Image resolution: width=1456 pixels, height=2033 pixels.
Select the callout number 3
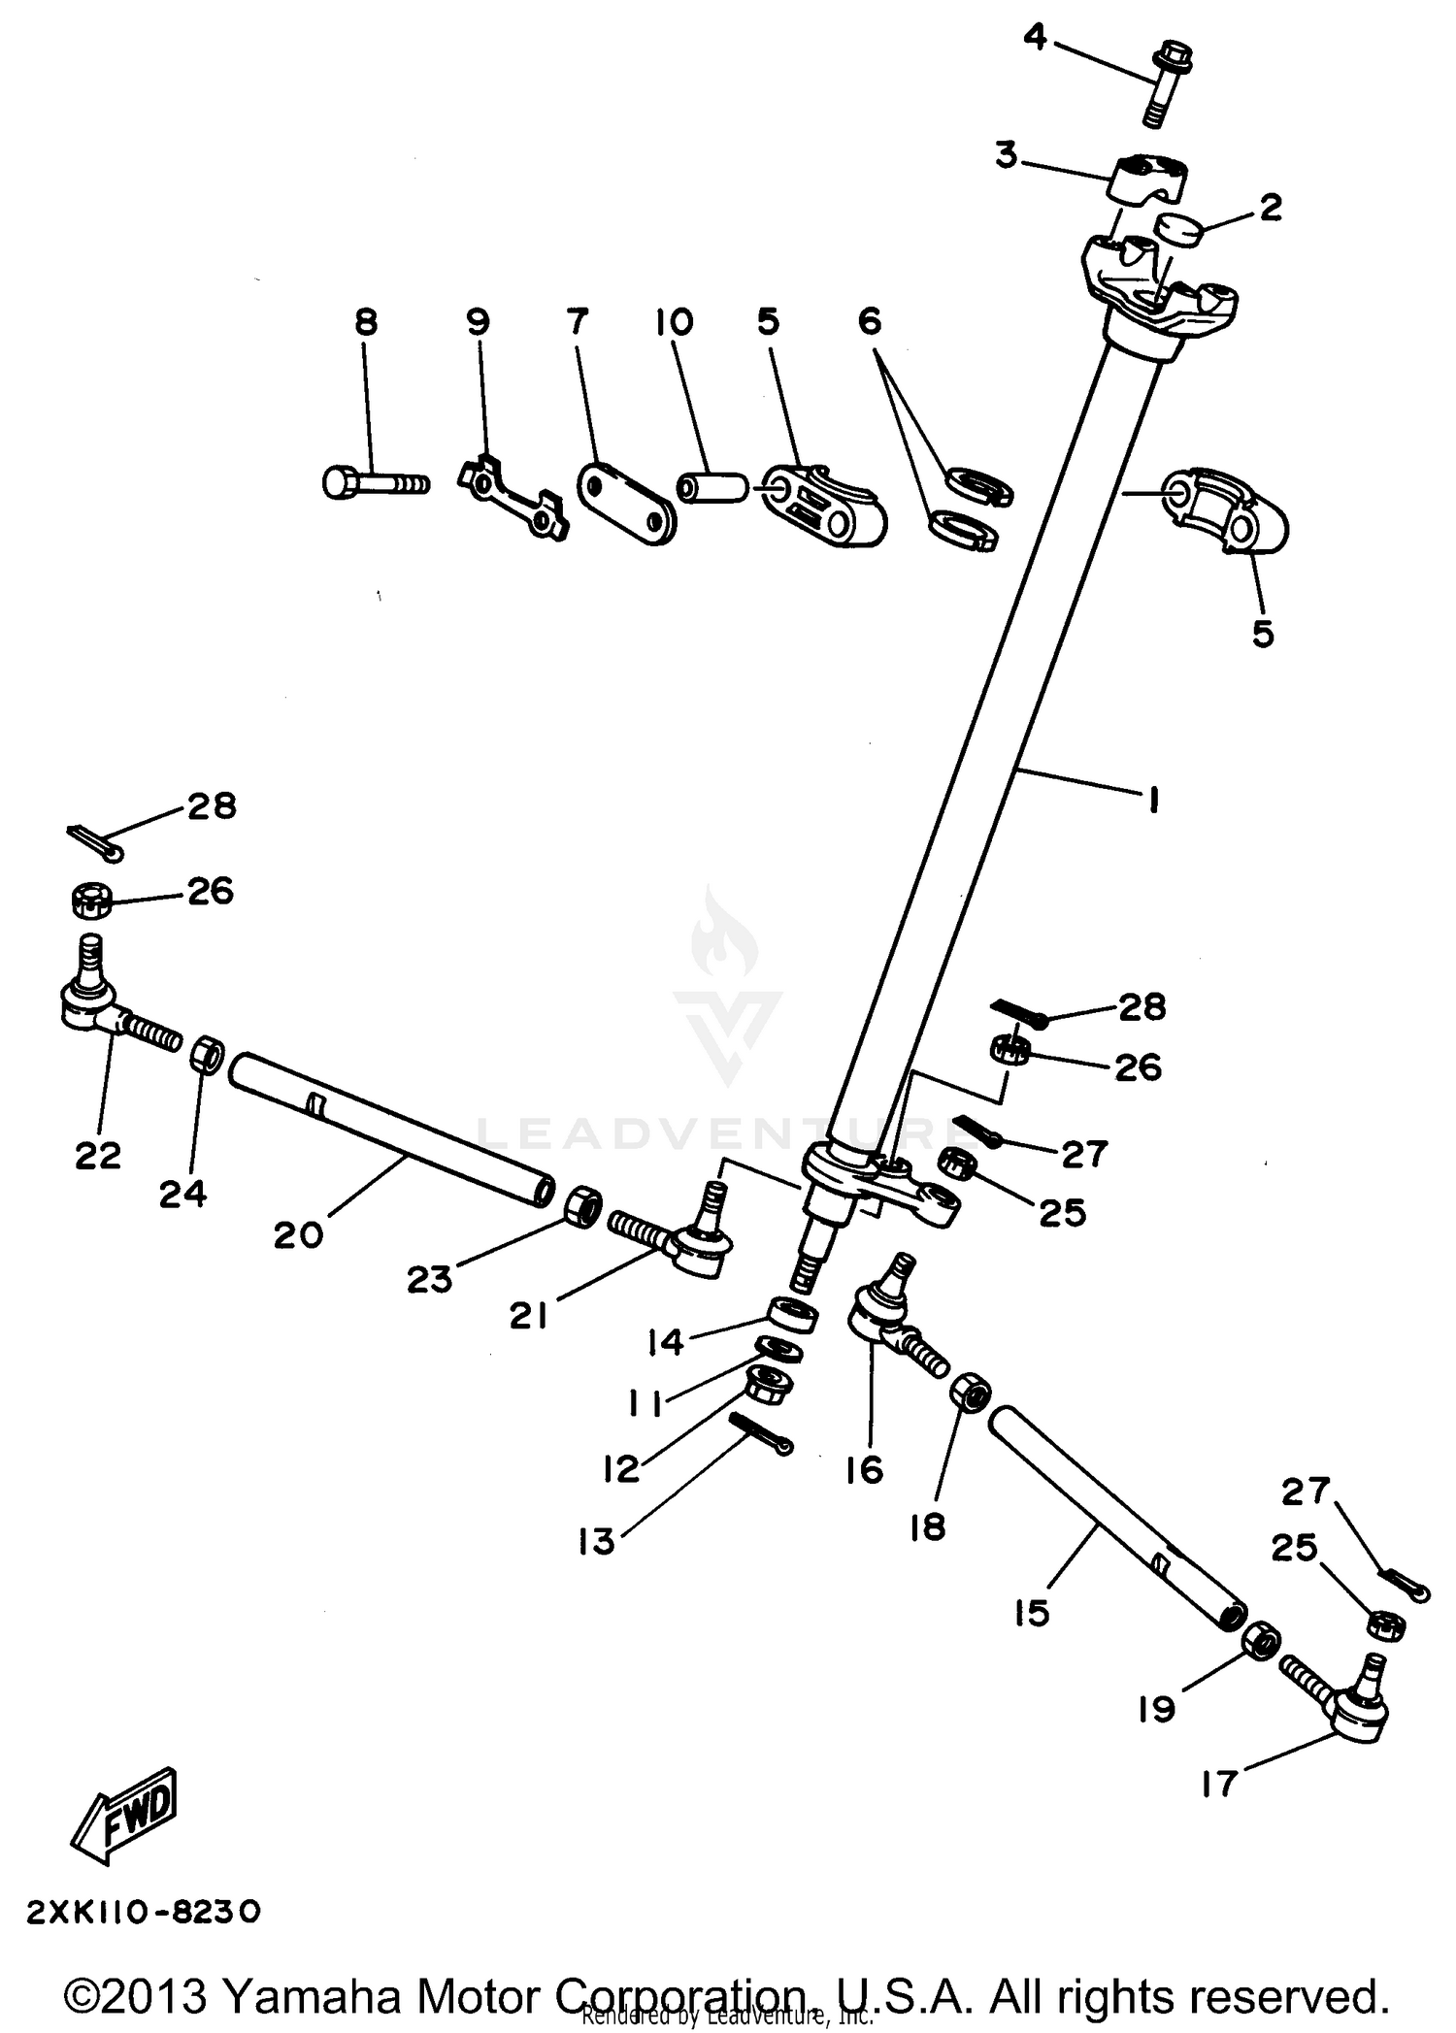[x=1007, y=154]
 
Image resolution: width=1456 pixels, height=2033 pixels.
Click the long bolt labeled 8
[x=374, y=481]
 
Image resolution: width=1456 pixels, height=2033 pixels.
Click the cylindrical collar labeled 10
[x=713, y=487]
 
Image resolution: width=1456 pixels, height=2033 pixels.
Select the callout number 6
[x=870, y=320]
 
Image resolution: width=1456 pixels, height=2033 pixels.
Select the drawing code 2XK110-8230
[x=143, y=1912]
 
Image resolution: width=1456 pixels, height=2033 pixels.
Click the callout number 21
[x=528, y=1316]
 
